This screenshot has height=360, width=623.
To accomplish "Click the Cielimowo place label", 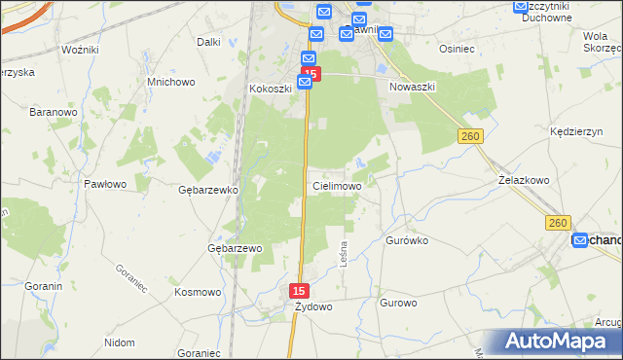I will point(337,185).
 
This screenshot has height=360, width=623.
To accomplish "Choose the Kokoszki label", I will point(272,89).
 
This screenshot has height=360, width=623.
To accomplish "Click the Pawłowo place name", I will point(105,183).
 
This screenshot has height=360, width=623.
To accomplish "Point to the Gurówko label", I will point(407,239).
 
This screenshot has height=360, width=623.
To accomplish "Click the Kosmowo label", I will point(198,291).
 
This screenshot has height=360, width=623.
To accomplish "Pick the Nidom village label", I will point(119,342).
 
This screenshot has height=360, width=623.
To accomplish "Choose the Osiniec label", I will point(457,48).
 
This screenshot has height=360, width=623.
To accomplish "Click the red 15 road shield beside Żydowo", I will point(300,290).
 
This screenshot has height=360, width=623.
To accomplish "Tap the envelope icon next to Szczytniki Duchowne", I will point(521,7).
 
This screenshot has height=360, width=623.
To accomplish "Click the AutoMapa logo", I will point(559,342).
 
